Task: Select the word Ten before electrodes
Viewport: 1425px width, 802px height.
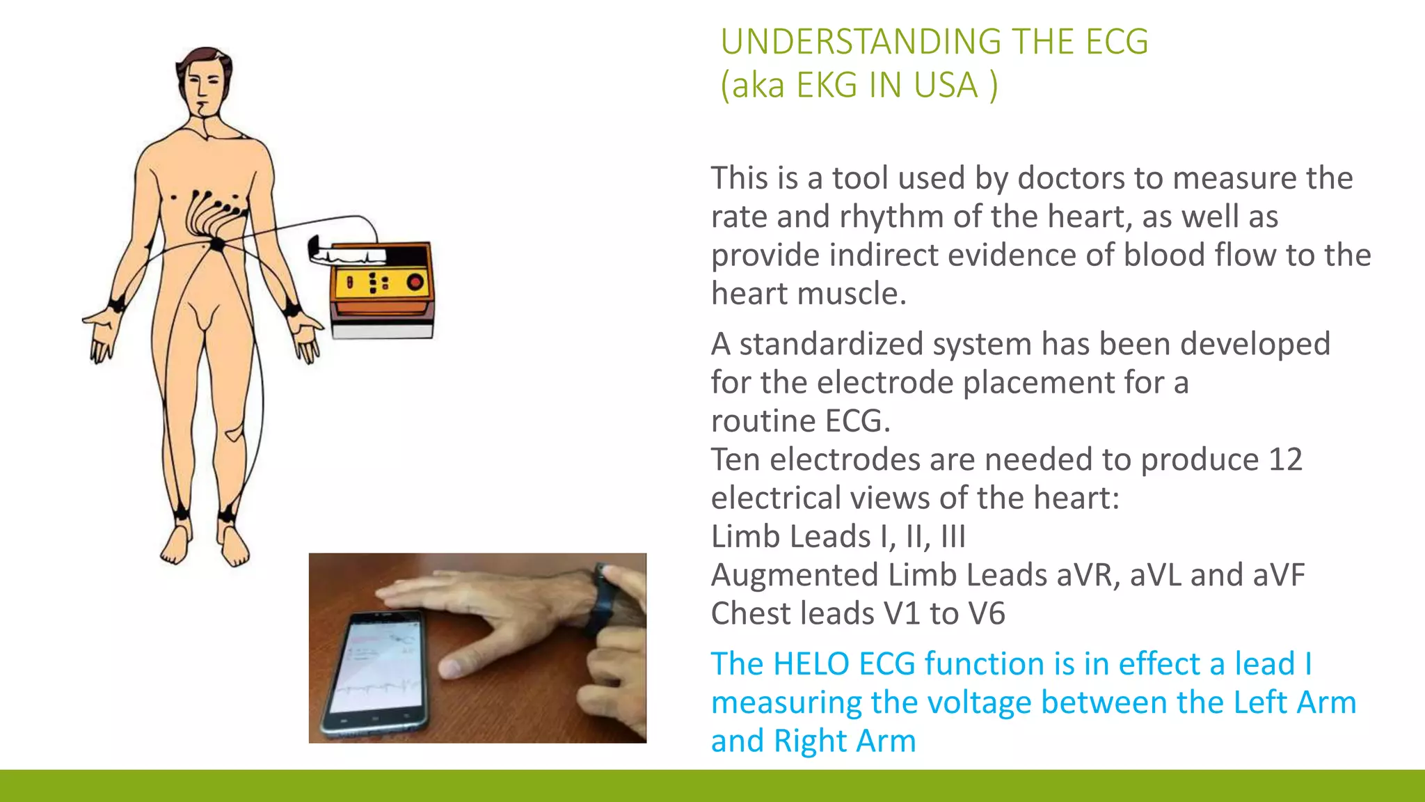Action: click(735, 459)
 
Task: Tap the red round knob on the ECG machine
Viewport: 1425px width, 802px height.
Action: click(415, 282)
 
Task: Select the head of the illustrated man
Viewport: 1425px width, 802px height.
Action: click(202, 80)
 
